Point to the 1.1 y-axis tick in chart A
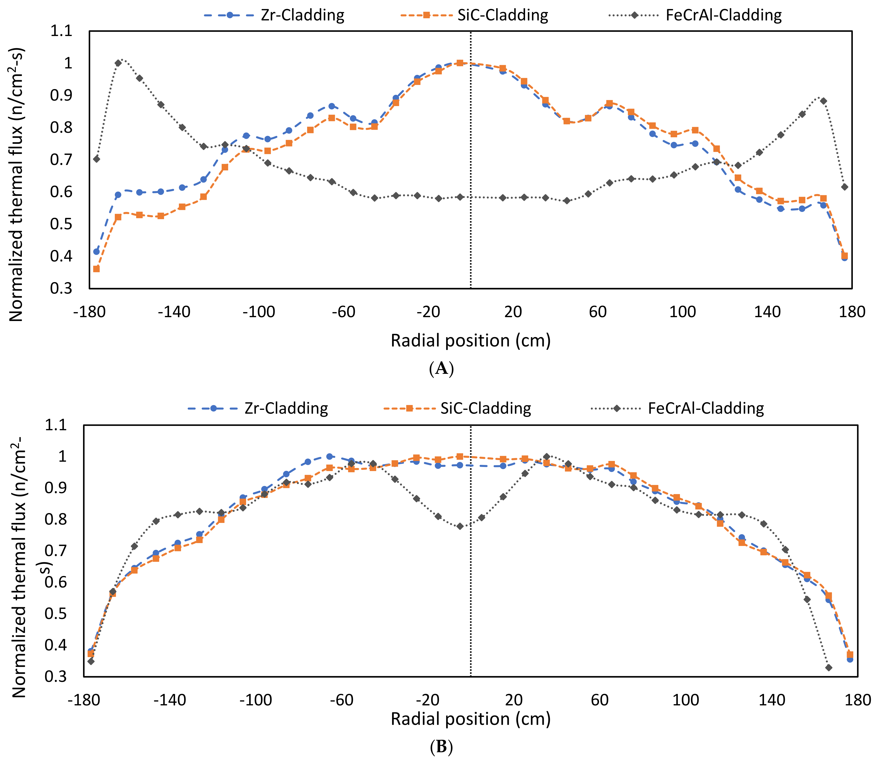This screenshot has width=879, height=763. (x=61, y=31)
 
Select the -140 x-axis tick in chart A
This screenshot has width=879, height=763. (x=174, y=312)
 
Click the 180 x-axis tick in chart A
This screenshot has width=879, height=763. (x=852, y=312)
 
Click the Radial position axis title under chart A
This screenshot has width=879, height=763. (x=471, y=341)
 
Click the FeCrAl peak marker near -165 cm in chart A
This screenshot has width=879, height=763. (x=118, y=63)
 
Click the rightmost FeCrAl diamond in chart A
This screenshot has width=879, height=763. (x=844, y=187)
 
